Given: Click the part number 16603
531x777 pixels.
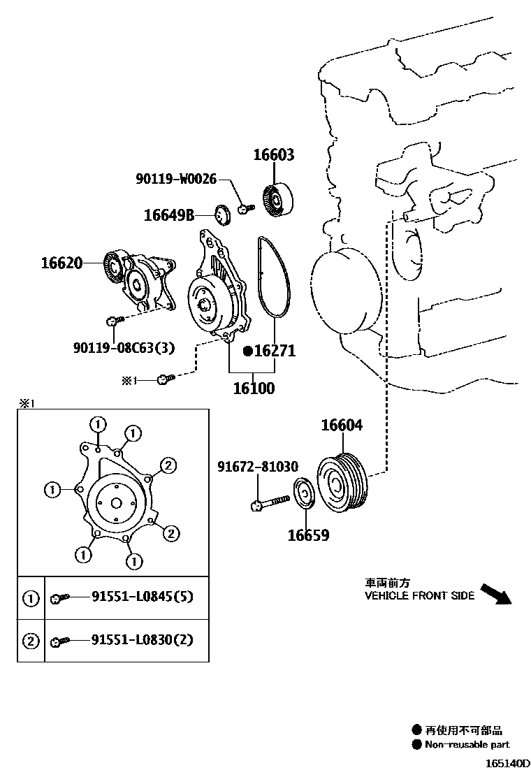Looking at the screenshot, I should (x=273, y=155).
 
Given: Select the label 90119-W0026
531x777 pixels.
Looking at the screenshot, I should (x=177, y=180).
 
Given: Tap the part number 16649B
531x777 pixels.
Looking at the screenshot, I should (x=169, y=215).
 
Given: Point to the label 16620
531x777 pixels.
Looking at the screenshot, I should (x=61, y=263).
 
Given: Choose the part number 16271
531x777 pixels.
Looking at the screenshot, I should (x=273, y=351).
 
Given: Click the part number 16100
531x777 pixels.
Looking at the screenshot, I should (x=253, y=388).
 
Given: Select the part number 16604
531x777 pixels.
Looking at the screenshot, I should (x=342, y=426).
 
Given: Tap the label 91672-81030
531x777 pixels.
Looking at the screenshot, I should (x=257, y=467).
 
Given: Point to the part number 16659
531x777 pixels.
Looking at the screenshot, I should (x=308, y=536).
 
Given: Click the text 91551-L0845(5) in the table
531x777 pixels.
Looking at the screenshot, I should (x=142, y=597).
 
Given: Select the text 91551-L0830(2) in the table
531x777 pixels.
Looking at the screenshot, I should (x=142, y=639).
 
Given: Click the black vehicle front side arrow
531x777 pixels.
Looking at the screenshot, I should (x=497, y=594).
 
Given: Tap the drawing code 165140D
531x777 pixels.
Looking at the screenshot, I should (x=504, y=764).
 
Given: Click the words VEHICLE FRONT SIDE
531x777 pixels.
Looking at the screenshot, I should (x=419, y=596).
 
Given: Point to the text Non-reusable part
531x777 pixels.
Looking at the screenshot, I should (x=467, y=744).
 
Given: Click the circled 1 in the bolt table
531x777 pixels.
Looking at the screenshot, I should (x=31, y=598).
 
